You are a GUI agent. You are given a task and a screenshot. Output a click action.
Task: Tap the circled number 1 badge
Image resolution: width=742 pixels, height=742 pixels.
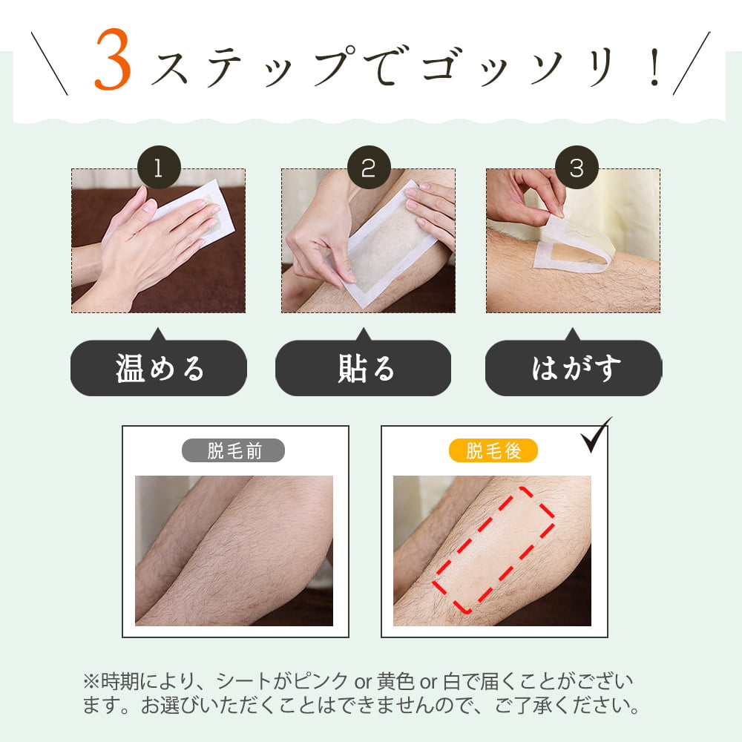[159, 168]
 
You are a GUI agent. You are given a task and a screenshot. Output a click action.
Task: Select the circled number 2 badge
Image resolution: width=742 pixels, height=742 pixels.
[368, 168]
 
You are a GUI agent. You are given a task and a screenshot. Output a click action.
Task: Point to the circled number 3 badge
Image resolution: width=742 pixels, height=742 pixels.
[577, 168]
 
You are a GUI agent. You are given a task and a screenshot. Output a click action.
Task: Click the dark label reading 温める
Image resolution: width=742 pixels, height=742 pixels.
[159, 369]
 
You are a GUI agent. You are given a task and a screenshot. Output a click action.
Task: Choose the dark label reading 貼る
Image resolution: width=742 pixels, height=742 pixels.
[364, 369]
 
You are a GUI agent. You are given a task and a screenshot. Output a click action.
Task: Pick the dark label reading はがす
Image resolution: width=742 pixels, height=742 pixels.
[574, 369]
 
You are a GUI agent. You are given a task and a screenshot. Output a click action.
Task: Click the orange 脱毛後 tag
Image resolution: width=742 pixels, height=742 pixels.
[493, 450]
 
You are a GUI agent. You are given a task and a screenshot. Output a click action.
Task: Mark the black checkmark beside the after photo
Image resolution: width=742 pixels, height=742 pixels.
[596, 436]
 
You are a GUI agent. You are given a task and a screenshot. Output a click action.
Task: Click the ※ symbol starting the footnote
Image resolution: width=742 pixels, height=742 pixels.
[90, 681]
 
